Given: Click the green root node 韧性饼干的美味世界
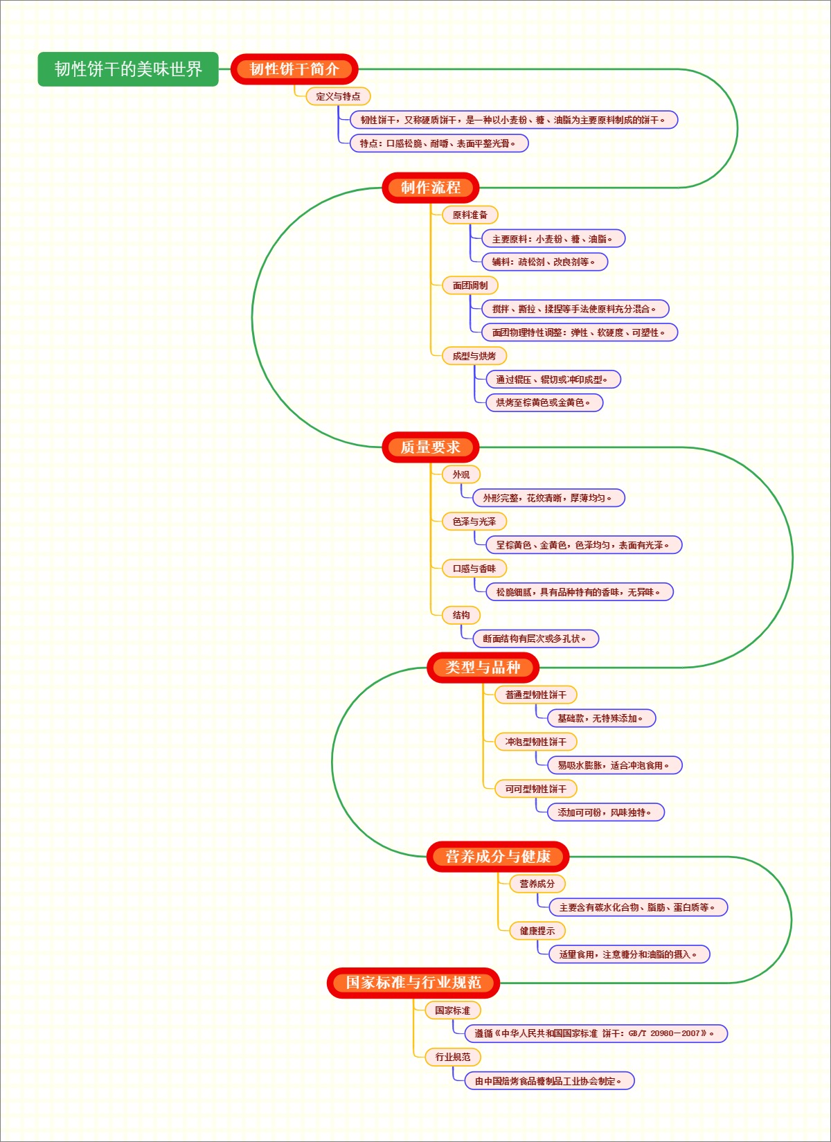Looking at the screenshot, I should [128, 69].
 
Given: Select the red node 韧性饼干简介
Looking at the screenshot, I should [294, 69].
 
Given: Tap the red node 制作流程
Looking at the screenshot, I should [430, 188].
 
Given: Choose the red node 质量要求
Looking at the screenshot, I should [430, 447].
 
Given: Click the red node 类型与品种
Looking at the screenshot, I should [483, 668].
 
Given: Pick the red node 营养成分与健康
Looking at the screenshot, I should [498, 857].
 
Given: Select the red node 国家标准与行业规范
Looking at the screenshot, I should [413, 983].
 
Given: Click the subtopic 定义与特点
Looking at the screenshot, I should [338, 96].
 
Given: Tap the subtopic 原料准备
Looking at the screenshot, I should [470, 215].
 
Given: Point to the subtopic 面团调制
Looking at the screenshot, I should [470, 285].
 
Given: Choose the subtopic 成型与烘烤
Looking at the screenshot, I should [474, 356].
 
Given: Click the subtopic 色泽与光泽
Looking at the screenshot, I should [474, 521].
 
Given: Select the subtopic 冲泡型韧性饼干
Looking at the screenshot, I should [535, 742].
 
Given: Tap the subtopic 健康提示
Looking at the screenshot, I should [537, 931].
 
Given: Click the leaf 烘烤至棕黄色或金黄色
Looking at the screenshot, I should [544, 402].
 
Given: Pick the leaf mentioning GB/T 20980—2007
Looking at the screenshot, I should [596, 1033].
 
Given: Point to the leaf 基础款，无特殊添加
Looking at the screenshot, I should [601, 718].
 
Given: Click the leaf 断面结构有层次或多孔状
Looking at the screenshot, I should [535, 639].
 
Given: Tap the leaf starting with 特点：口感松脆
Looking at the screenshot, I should [438, 143].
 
